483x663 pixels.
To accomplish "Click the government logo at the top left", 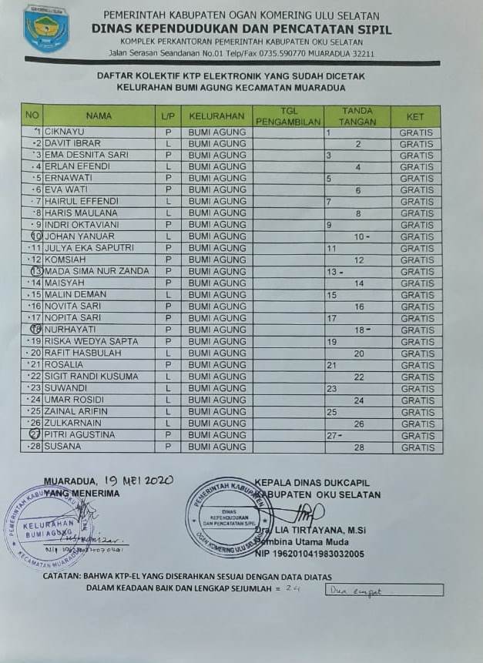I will [x=45, y=28].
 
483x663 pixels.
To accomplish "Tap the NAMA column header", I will [x=99, y=116].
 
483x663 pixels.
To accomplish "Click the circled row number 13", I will [x=34, y=272].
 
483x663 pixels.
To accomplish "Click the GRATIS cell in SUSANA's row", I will [x=417, y=447].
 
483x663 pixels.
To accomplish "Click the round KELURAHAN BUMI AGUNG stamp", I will [x=49, y=527].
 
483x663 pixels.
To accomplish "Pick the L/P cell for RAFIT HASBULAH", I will [x=167, y=353].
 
